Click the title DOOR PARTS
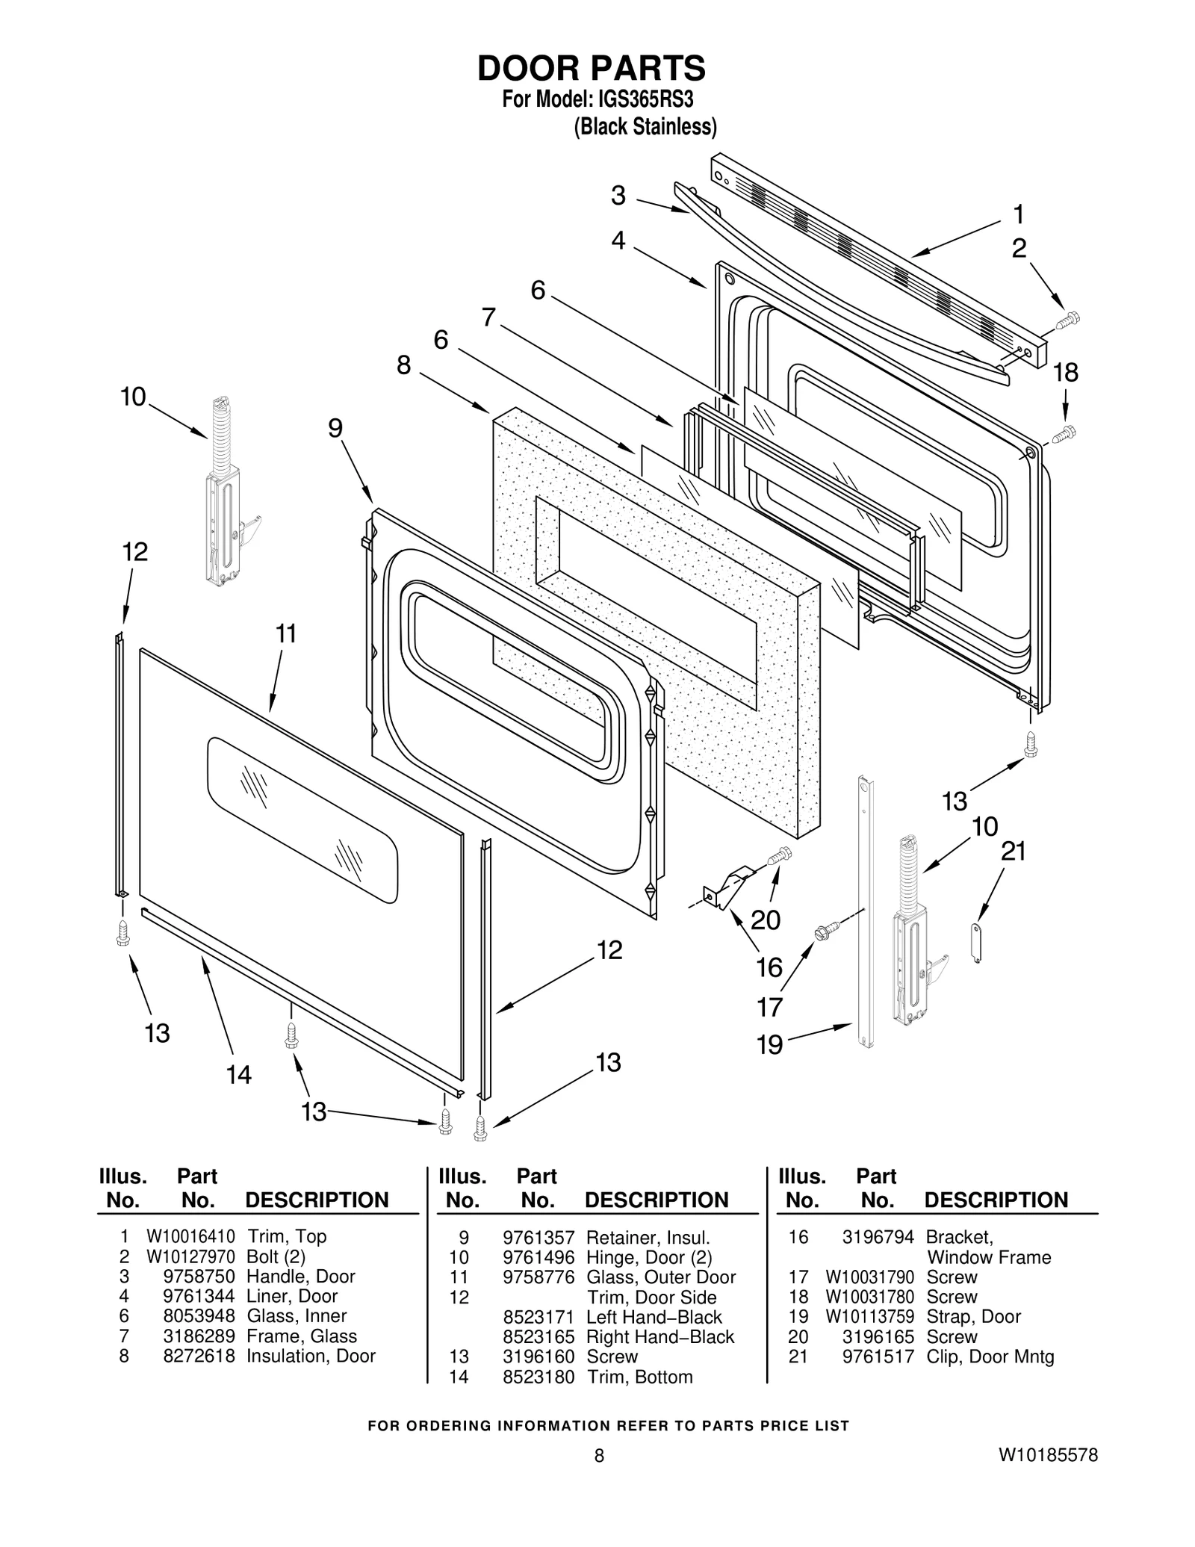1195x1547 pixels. click(591, 69)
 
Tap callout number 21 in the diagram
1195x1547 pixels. click(1013, 851)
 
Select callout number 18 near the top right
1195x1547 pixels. click(1066, 373)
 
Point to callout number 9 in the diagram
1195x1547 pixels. click(335, 428)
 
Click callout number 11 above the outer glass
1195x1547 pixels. click(286, 633)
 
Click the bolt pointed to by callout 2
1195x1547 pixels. click(1069, 320)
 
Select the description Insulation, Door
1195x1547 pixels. click(311, 1356)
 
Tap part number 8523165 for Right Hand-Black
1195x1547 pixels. click(538, 1336)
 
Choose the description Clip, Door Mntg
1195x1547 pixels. click(990, 1356)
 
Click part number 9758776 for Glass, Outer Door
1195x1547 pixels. click(538, 1277)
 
